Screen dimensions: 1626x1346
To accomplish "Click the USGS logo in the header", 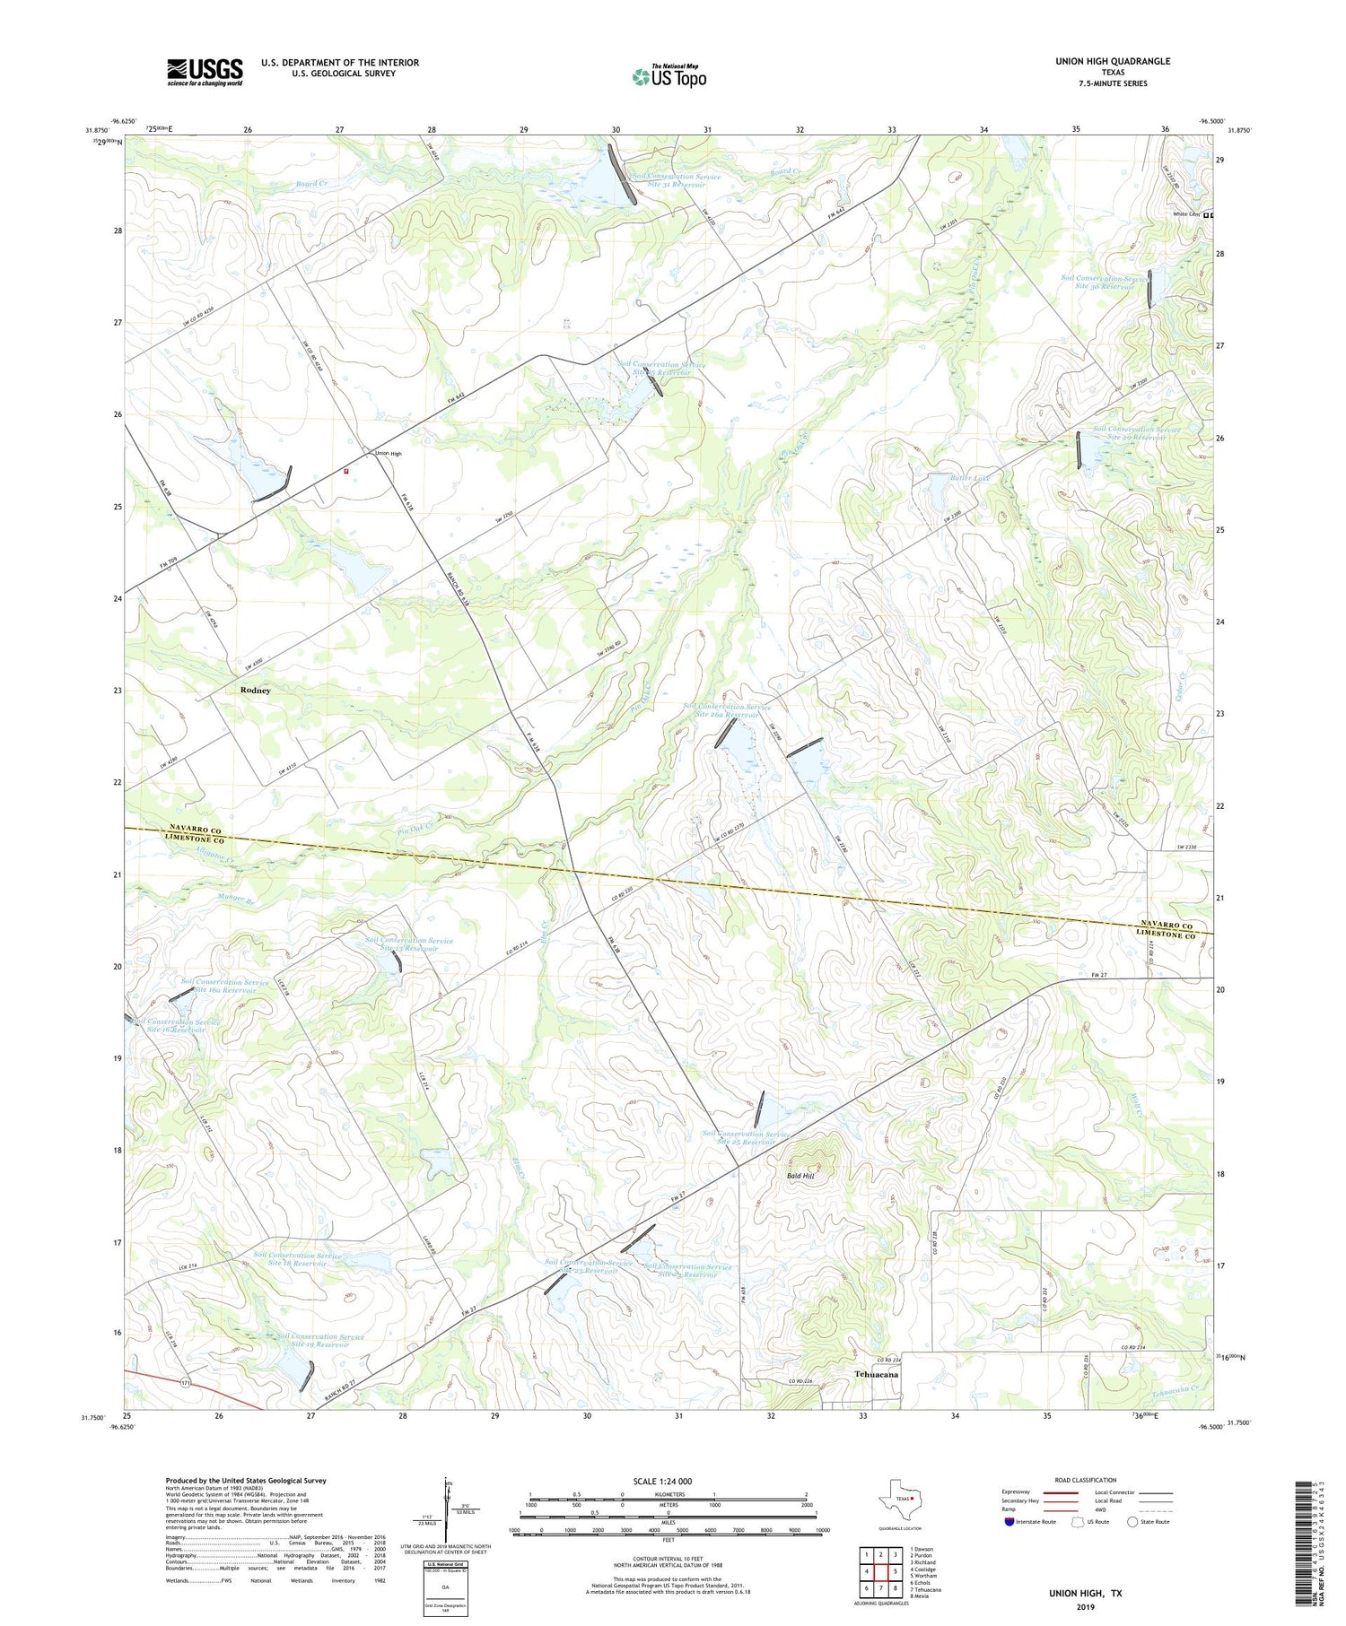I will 205,72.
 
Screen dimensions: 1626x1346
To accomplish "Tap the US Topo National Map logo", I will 669,76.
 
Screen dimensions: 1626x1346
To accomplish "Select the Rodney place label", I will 255,691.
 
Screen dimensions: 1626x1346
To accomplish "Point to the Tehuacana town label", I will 877,1374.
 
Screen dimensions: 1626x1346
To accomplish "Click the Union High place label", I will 388,454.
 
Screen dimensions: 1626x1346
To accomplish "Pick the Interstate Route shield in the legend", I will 1009,1521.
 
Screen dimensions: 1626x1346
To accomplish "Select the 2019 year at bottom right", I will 1086,1607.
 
